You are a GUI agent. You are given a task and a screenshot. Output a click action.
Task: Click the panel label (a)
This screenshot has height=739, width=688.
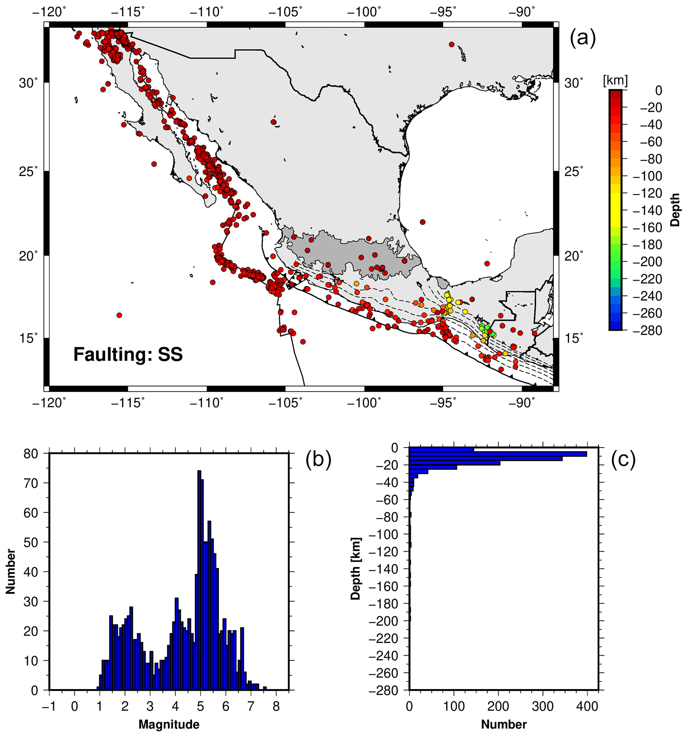[x=582, y=38]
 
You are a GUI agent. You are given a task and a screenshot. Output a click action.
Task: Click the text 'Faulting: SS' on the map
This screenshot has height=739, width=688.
[x=128, y=354]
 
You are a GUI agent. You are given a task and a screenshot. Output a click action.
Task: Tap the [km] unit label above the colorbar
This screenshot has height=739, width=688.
[x=615, y=81]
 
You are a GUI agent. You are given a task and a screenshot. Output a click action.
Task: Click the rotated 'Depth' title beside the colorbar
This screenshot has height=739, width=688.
[x=675, y=210]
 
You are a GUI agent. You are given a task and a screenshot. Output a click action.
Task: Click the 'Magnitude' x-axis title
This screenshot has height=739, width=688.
[x=169, y=724]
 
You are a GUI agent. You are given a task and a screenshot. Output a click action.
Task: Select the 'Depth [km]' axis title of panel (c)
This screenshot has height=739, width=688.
[x=356, y=569]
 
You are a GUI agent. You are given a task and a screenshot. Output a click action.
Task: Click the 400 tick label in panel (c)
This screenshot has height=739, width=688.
[x=587, y=706]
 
